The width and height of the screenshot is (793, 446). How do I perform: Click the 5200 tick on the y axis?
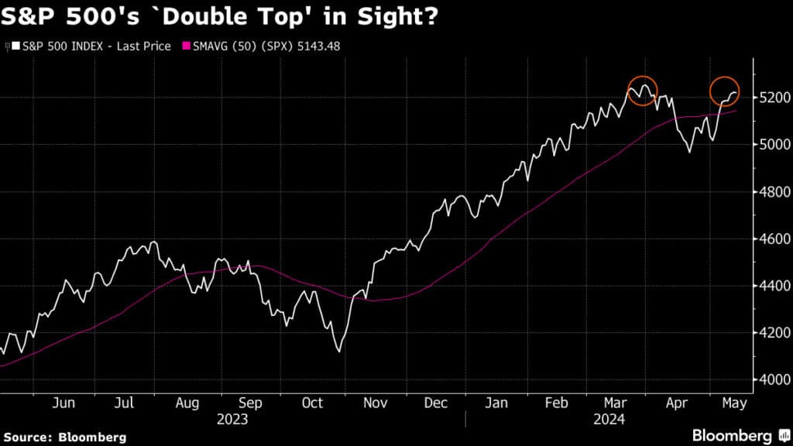[x=774, y=98]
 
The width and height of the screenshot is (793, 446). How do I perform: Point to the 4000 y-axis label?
[x=774, y=379]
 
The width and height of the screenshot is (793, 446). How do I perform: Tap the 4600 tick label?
[x=774, y=238]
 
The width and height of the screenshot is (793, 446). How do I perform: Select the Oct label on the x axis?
[x=312, y=403]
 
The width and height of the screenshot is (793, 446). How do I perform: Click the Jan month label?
[x=496, y=403]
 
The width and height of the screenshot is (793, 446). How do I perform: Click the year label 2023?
[x=232, y=418]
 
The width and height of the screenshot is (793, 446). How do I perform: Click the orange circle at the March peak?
[x=642, y=91]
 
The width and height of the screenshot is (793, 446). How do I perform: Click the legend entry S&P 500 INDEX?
[x=93, y=46]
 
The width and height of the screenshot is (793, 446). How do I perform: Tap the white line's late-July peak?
[x=155, y=242]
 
